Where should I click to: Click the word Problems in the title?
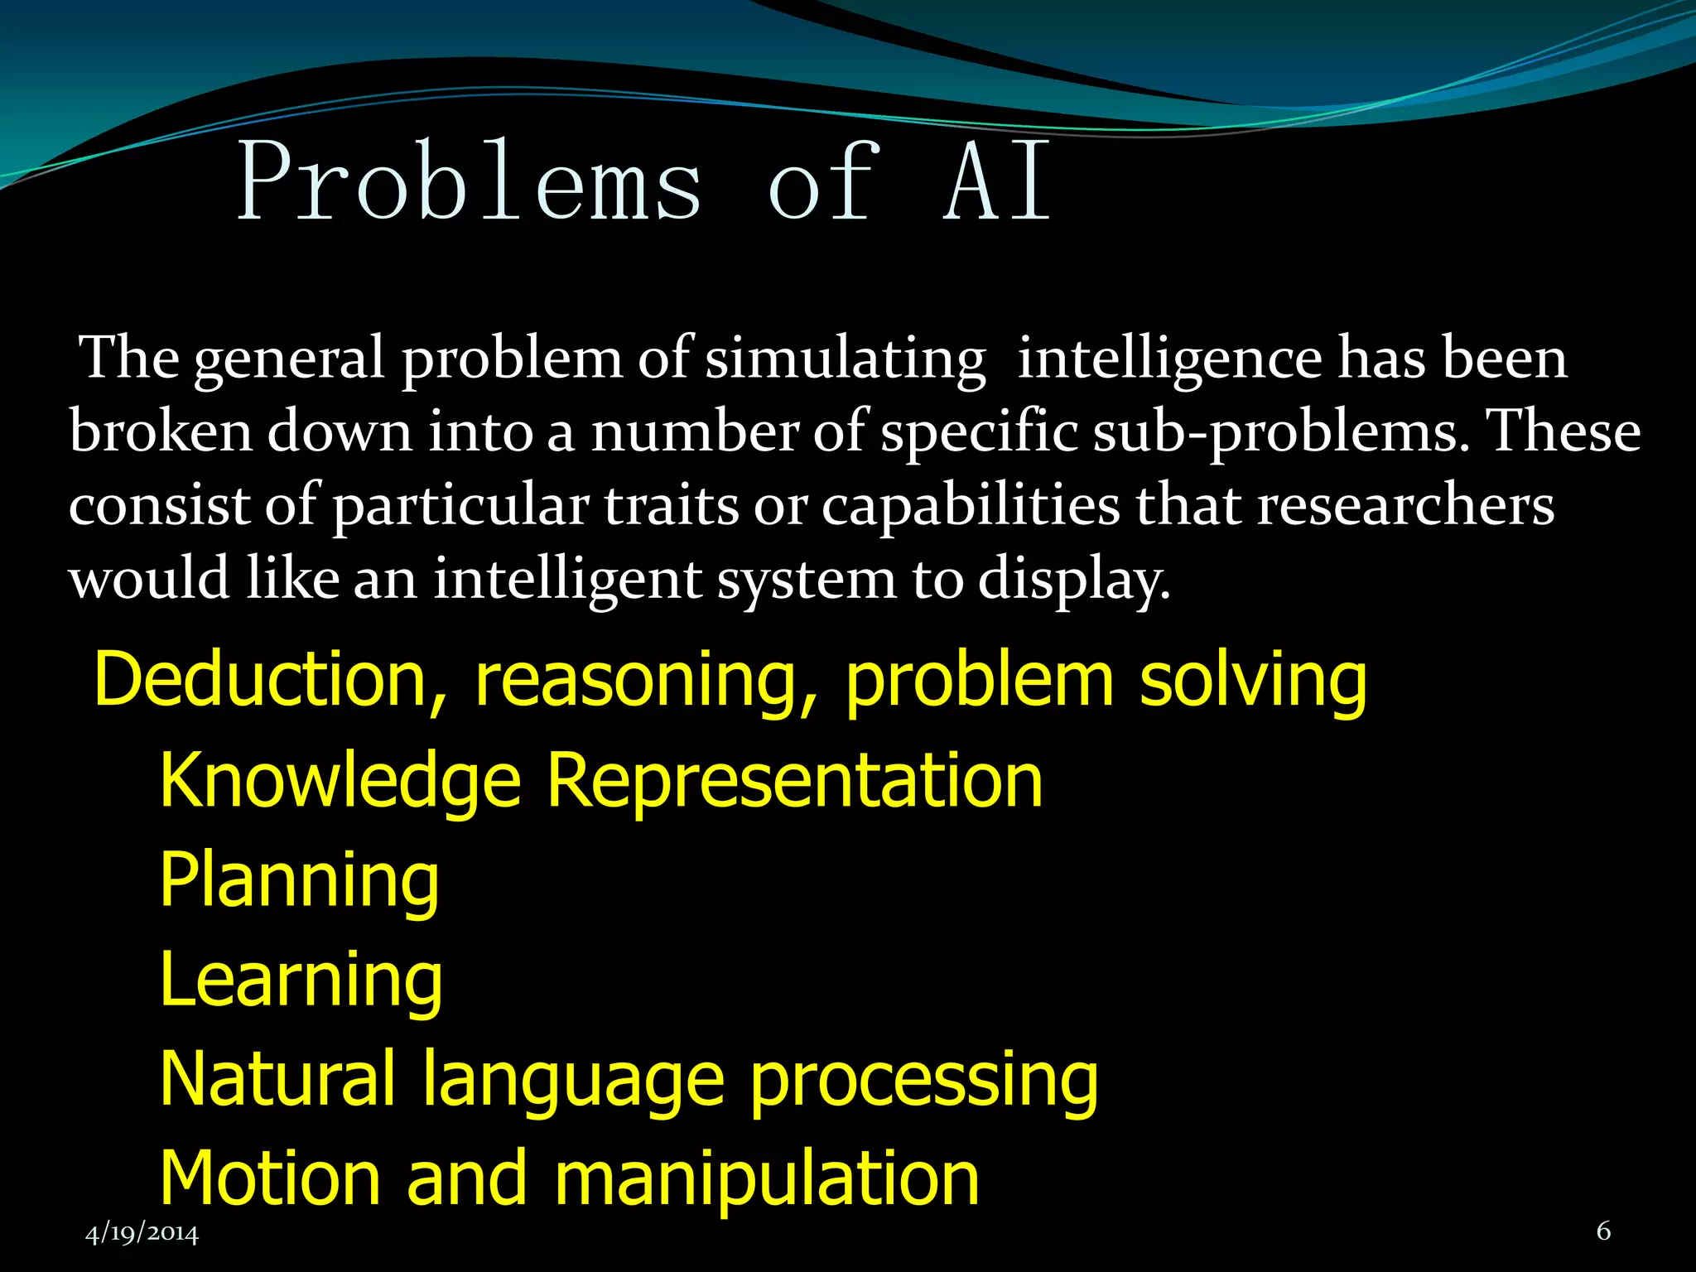pos(470,181)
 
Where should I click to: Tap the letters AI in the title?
pos(999,181)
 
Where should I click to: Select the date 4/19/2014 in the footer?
pos(142,1233)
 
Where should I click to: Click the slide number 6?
pos(1603,1231)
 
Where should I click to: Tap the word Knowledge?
pos(340,783)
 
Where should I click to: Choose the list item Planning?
pos(300,881)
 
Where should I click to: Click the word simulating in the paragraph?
pos(846,360)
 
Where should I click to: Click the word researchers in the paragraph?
pos(1405,504)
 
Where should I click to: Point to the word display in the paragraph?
pos(1074,580)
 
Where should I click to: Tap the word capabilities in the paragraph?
pos(970,506)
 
